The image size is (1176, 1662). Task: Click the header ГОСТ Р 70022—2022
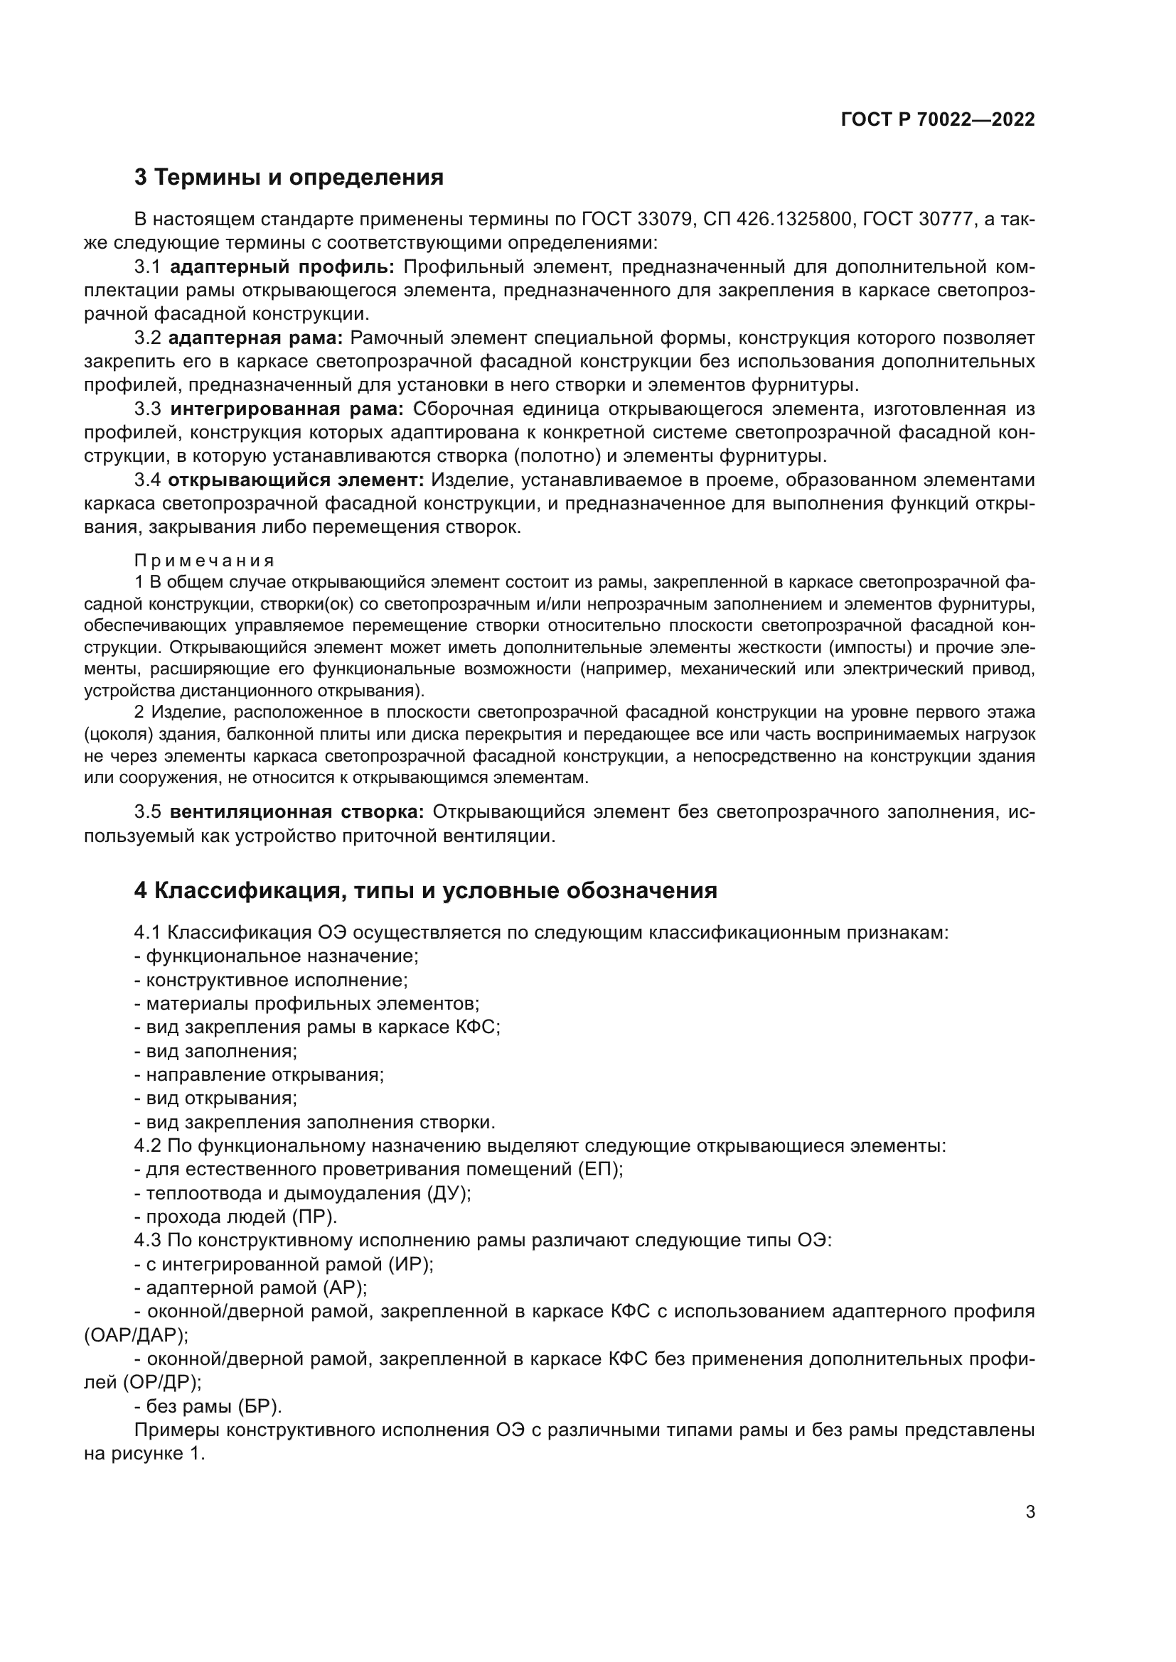pyautogui.click(x=938, y=119)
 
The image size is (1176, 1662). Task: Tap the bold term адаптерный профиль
pyautogui.click(x=282, y=267)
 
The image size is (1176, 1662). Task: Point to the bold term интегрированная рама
pyautogui.click(x=287, y=409)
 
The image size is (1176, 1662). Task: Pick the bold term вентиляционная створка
pyautogui.click(x=296, y=812)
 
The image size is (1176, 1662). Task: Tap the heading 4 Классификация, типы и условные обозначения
pyautogui.click(x=425, y=890)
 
